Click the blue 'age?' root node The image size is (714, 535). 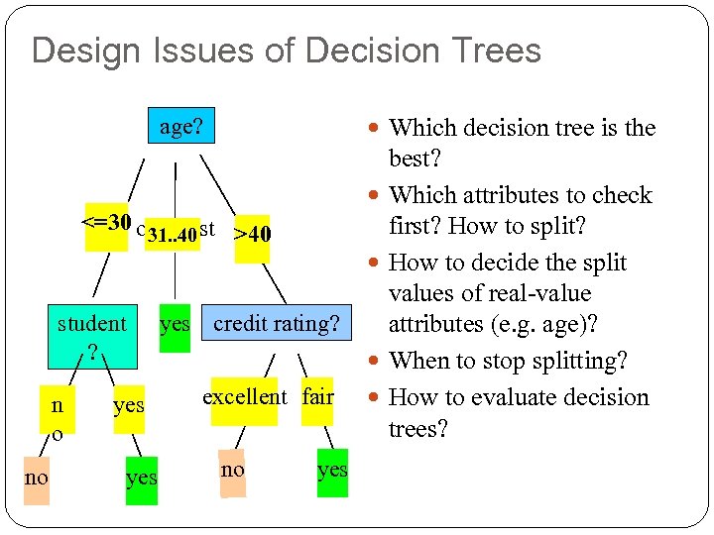[180, 127]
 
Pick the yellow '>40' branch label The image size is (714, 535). [252, 235]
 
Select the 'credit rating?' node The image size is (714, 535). [276, 324]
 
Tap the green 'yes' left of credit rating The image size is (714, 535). [175, 324]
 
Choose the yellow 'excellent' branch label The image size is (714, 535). [244, 397]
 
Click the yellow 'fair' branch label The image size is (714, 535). [318, 397]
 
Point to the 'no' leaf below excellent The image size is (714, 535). [232, 471]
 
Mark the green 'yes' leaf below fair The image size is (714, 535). [332, 471]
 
